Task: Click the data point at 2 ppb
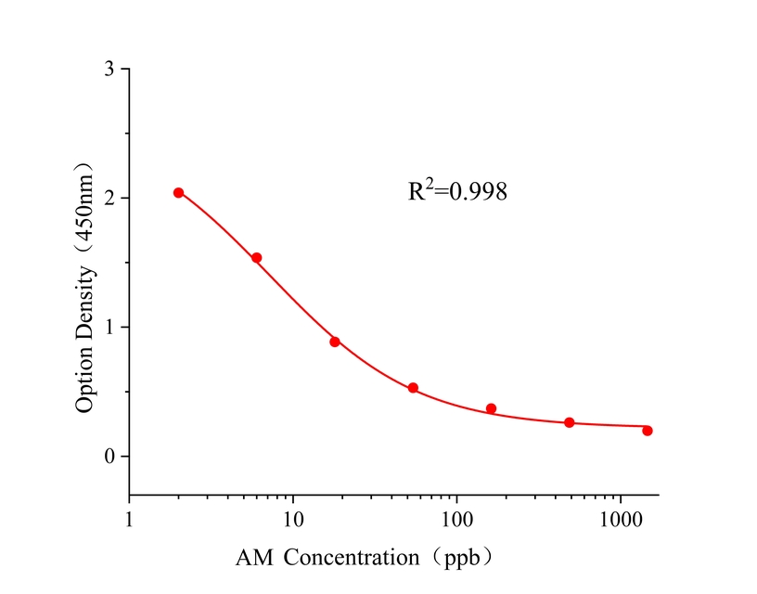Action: (x=179, y=193)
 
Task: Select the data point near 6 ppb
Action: (x=257, y=258)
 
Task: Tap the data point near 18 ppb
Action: (x=335, y=342)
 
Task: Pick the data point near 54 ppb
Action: (x=413, y=388)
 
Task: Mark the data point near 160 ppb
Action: (x=492, y=408)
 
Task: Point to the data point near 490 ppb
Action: (x=570, y=422)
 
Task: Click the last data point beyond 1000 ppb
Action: (x=648, y=431)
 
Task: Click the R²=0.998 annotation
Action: (x=457, y=192)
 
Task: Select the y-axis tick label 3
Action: (x=109, y=70)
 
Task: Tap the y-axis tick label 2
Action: (x=109, y=199)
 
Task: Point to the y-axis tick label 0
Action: (x=109, y=457)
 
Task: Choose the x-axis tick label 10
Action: (x=293, y=517)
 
